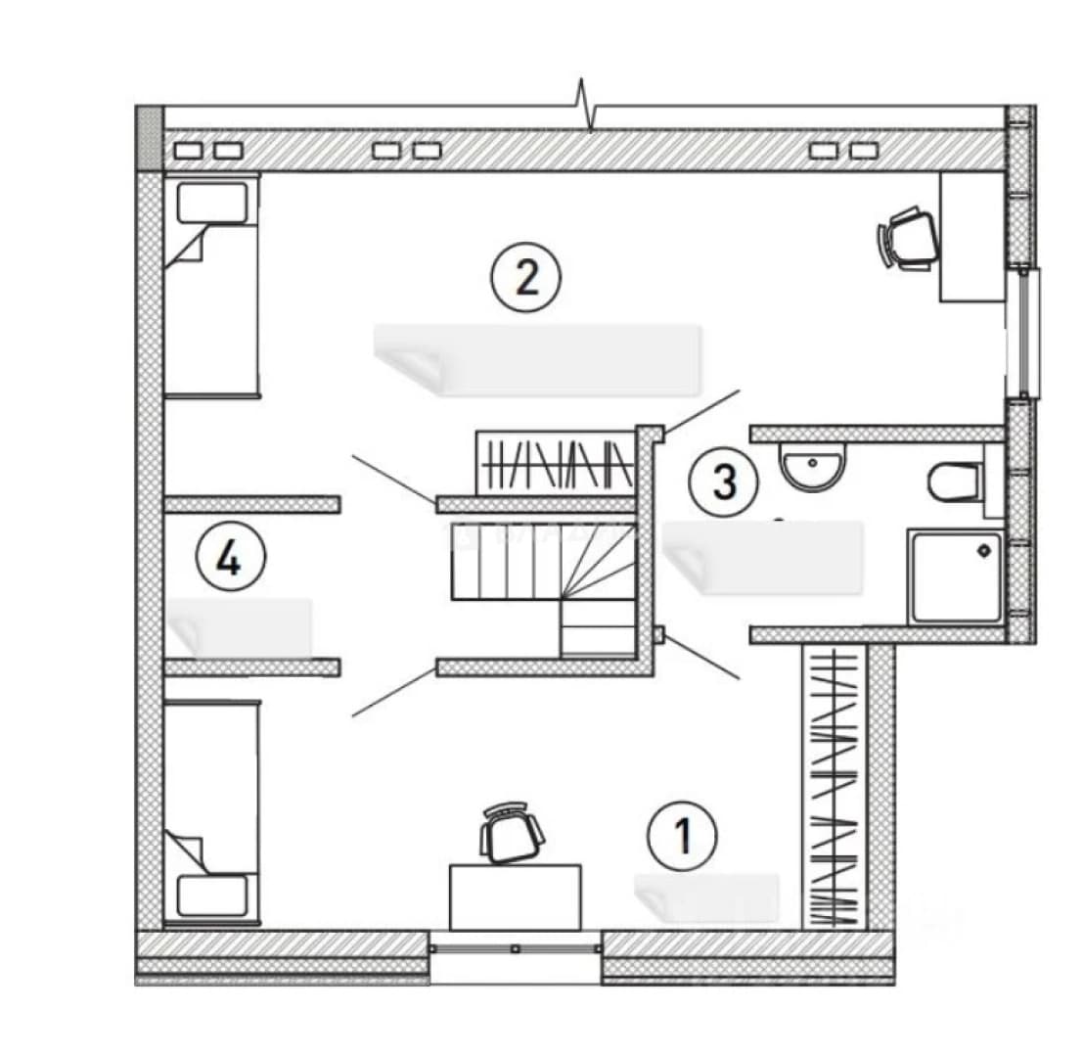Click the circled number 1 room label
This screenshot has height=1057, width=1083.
tap(683, 836)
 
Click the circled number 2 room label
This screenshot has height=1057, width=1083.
tap(526, 278)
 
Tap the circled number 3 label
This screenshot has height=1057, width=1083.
tap(724, 482)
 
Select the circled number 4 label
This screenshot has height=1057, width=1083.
tap(230, 557)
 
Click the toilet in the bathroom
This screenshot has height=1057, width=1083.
tap(957, 482)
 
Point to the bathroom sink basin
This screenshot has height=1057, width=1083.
tap(812, 466)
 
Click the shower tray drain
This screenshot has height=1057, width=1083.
tap(984, 551)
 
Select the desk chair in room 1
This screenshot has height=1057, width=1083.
tap(511, 833)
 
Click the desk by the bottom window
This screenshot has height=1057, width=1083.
tap(516, 896)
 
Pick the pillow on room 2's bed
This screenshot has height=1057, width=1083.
tap(212, 203)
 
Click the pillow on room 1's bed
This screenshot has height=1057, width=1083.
tap(212, 896)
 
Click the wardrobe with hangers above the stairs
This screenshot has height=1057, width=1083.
tap(556, 464)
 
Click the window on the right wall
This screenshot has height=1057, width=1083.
tap(1030, 333)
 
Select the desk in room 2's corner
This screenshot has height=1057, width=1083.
tap(972, 237)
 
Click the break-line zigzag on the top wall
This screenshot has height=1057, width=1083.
tap(586, 105)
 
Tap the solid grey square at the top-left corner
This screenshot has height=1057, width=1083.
tap(149, 138)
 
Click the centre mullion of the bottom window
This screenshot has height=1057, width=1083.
tap(516, 948)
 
